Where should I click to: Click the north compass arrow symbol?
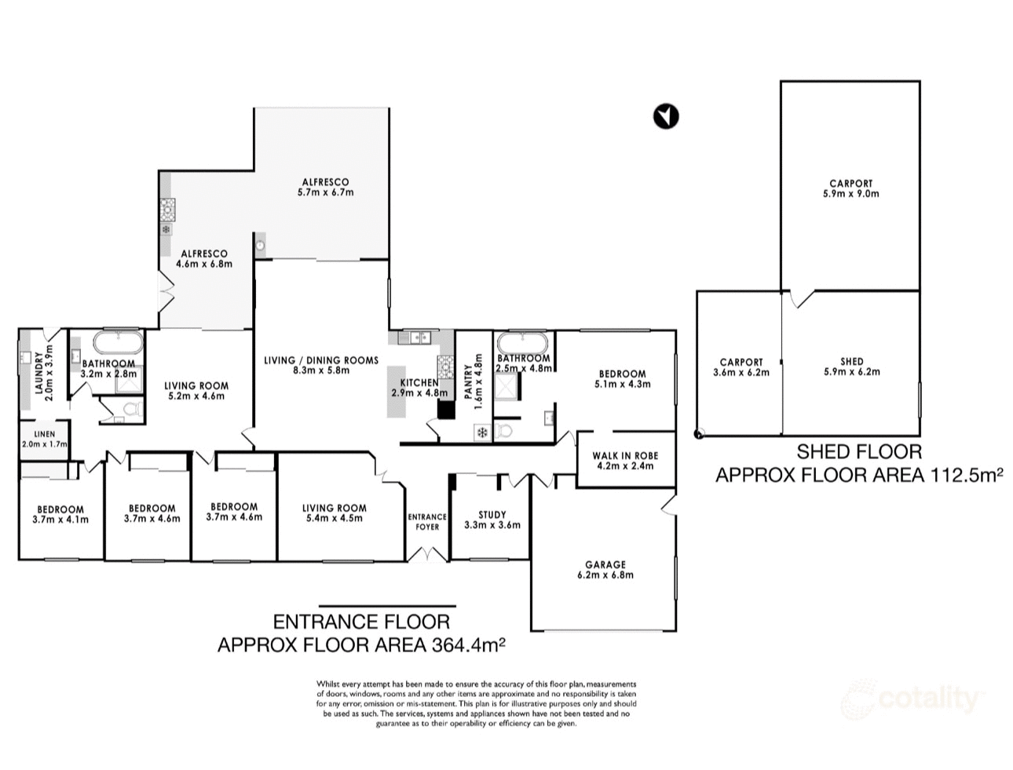[x=665, y=116]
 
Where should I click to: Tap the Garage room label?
[x=605, y=569]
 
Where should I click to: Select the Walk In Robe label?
[x=625, y=461]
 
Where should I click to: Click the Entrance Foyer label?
[x=427, y=521]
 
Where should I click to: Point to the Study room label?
[x=492, y=520]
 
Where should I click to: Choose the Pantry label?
[x=474, y=382]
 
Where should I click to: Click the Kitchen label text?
[x=419, y=388]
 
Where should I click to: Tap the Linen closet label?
[x=45, y=439]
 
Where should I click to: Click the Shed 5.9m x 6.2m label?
[x=851, y=367]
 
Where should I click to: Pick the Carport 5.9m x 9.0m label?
[x=851, y=188]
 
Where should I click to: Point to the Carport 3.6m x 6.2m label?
[x=741, y=367]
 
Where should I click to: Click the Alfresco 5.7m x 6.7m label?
[x=325, y=187]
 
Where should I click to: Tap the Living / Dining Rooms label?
[x=321, y=365]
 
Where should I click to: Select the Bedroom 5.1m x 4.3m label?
[x=622, y=379]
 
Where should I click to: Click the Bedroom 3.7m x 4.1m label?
[x=60, y=514]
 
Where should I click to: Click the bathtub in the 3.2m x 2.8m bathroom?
[x=118, y=343]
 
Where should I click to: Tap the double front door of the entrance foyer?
[x=426, y=554]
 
